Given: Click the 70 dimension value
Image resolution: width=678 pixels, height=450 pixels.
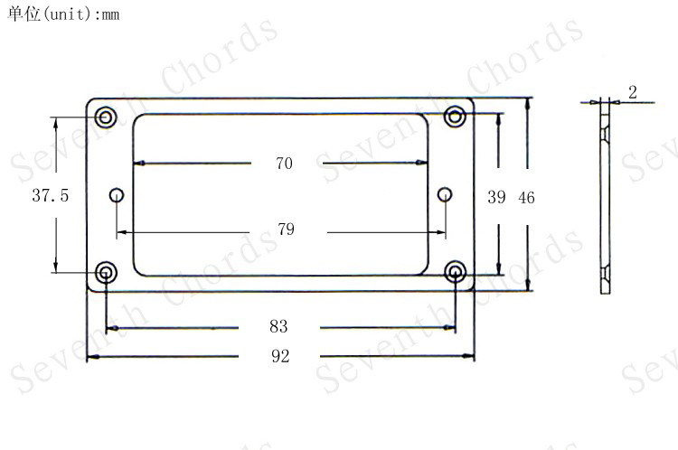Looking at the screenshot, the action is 284,164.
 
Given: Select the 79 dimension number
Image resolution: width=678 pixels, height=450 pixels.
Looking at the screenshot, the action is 286,230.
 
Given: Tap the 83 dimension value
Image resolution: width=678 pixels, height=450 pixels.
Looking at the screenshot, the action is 278,326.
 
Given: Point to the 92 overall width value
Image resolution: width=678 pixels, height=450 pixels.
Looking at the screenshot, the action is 280,356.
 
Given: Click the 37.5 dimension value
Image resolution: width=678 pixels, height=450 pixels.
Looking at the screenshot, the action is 50,195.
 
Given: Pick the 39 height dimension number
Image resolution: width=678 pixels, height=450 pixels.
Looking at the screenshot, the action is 496,197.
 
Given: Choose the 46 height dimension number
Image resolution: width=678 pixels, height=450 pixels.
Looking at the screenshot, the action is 526,198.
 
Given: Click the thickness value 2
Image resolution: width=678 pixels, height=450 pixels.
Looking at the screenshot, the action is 633,92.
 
